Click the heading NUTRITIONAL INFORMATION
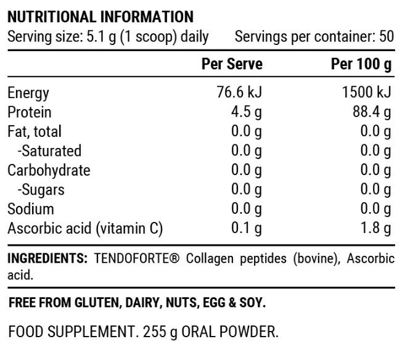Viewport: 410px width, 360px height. coord(100,17)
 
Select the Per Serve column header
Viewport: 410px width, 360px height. coord(232,64)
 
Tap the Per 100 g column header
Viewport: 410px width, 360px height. coord(361,64)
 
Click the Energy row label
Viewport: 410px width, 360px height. coord(28,94)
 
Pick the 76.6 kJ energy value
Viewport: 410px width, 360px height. coord(240,93)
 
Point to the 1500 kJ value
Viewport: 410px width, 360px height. coord(366,93)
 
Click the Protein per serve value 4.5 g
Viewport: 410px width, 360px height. coord(247,112)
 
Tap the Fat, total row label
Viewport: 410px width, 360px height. coord(35,132)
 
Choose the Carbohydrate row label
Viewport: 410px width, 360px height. coord(49,171)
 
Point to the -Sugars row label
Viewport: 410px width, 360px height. coord(41,190)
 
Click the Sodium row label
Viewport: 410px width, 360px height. coord(31,209)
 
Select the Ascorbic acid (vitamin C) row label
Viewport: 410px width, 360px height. coord(85,229)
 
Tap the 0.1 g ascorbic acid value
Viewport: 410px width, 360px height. coord(247,229)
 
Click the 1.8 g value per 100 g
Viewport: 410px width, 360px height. coord(376,229)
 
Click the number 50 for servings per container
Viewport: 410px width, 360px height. coord(387,36)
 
